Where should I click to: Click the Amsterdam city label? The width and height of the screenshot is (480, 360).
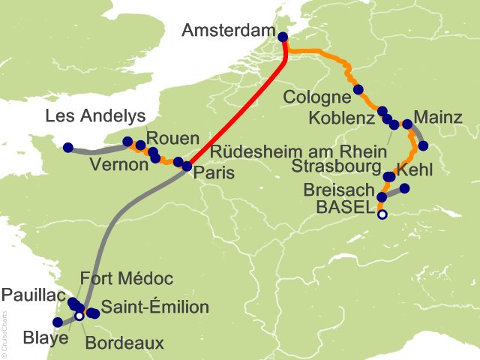225,31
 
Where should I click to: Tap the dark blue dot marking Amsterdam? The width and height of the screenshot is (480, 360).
283,37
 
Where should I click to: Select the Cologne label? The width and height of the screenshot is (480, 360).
317,97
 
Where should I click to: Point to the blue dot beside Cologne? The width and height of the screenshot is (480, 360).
358,89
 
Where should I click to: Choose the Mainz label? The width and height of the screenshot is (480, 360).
438,116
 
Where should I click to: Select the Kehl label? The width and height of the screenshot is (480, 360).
414,171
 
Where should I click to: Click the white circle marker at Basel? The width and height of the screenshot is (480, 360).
382,214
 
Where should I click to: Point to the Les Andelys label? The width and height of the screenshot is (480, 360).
94,116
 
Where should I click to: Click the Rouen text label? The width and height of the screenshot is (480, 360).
172,138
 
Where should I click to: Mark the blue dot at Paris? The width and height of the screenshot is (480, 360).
187,166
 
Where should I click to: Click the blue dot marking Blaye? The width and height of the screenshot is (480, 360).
58,322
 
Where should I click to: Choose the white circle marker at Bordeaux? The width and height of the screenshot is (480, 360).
79,316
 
